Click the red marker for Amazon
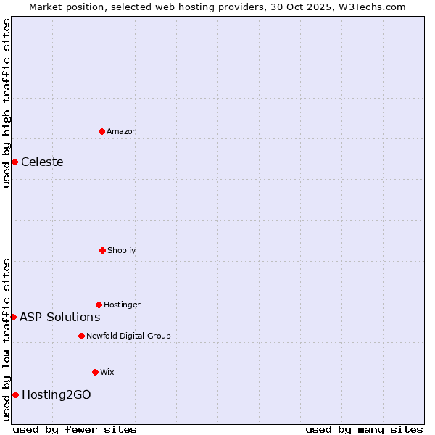pos(101,131)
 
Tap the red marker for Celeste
pos(14,162)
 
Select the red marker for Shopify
pos(102,250)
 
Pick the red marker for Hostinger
pos(99,304)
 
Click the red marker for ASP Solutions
pos(13,317)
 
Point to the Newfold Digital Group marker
pos(81,336)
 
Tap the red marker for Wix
pos(95,372)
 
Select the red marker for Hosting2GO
pos(15,394)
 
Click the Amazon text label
pos(122,131)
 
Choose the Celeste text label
pos(42,162)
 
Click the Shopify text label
pos(122,250)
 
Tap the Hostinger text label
pos(122,304)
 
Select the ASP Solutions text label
pos(59,317)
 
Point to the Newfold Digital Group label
pos(128,336)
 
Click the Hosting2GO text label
pos(57,394)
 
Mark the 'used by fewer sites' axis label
pos(75,429)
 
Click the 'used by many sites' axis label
pos(364,429)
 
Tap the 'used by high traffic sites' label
pos(7,103)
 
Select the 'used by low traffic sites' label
pos(7,339)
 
